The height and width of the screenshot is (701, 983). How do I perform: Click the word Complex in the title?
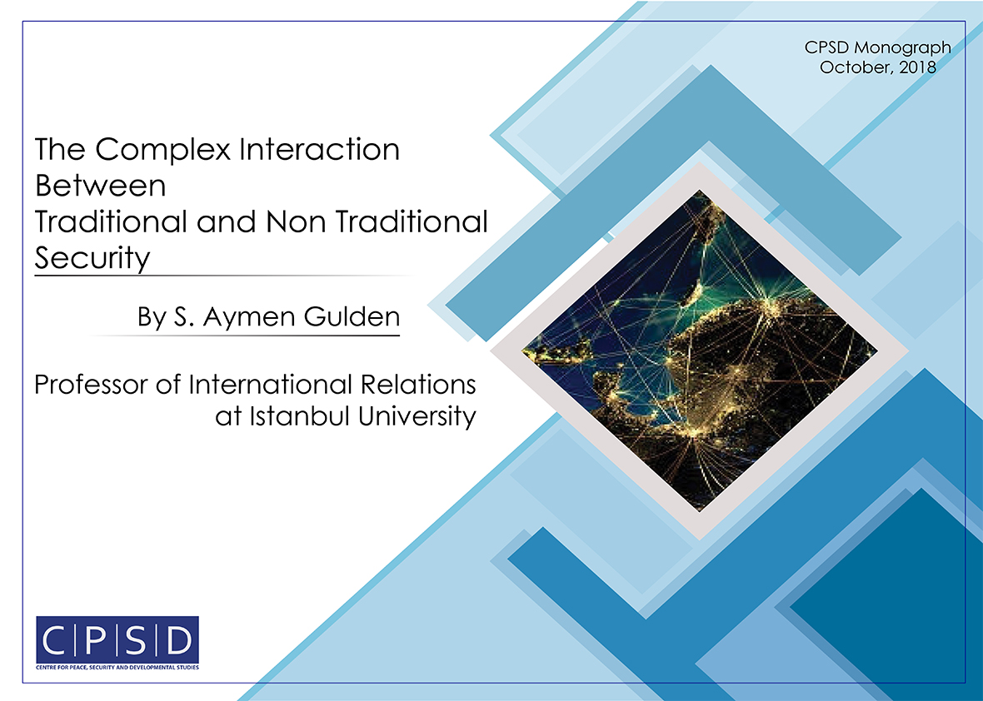coord(163,151)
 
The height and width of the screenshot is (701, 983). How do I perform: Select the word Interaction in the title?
coord(320,149)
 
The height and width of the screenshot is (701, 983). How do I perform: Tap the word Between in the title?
coord(100,186)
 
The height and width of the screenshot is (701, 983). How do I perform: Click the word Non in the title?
coord(295,221)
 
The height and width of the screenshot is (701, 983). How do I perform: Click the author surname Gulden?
coord(352,316)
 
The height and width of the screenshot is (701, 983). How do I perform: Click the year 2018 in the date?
coord(918,67)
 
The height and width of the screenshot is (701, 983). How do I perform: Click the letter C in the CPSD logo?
coord(56,640)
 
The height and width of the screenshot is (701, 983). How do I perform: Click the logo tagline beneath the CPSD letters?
coord(117,667)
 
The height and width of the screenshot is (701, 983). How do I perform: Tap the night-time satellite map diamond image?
coord(700,350)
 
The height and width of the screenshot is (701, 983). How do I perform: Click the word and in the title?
coord(226,221)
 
